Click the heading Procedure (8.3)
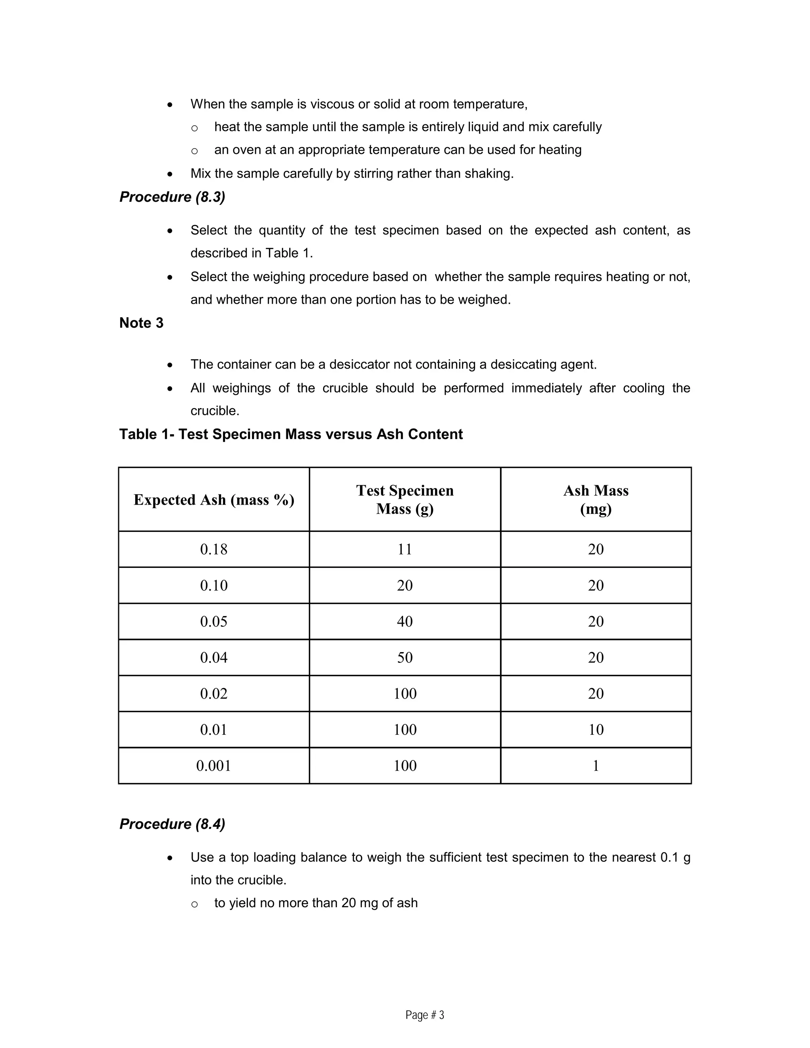click(x=172, y=197)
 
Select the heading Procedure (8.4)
click(x=172, y=824)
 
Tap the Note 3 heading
click(x=141, y=323)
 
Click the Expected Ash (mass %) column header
click(x=214, y=499)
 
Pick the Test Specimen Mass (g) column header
click(x=405, y=499)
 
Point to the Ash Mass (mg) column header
click(x=596, y=499)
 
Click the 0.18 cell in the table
click(x=214, y=549)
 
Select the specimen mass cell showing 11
click(x=405, y=549)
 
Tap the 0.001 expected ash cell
click(x=214, y=765)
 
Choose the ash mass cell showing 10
click(x=596, y=729)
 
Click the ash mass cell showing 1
click(x=596, y=765)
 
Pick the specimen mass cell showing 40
click(x=405, y=621)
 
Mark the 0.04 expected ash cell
click(x=214, y=657)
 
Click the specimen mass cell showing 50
click(x=405, y=657)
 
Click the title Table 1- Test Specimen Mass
click(x=290, y=434)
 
